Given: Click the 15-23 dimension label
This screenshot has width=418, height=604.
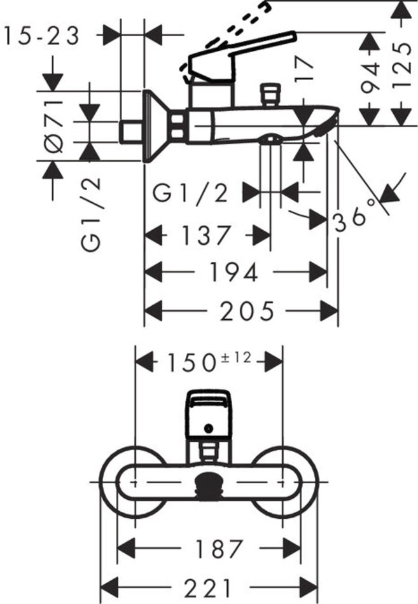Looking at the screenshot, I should tap(42, 36).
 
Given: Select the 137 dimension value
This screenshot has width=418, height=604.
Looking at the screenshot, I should tap(205, 236).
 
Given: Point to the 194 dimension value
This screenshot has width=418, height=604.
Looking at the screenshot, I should tap(234, 273).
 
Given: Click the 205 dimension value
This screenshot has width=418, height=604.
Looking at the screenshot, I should tap(247, 311).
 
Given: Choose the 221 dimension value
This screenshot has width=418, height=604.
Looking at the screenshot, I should tap(209, 587).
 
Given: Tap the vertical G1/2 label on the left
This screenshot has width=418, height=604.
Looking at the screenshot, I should tap(92, 214).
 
